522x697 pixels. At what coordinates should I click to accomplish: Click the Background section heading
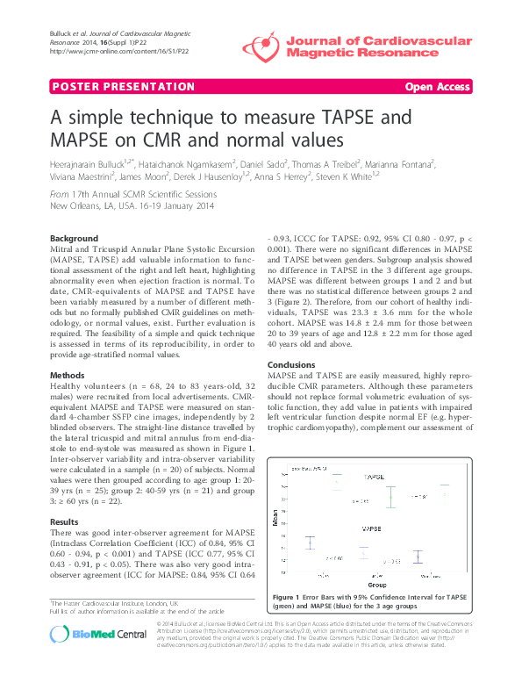pos(75,239)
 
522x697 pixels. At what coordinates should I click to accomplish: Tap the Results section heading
pos(68,521)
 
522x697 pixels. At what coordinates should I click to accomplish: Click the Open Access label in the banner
pos(438,87)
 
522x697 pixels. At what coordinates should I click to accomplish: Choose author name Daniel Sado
pos(269,164)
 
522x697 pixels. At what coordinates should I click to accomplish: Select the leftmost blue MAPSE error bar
pos(310,542)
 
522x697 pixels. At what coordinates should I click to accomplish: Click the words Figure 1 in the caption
pos(290,598)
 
